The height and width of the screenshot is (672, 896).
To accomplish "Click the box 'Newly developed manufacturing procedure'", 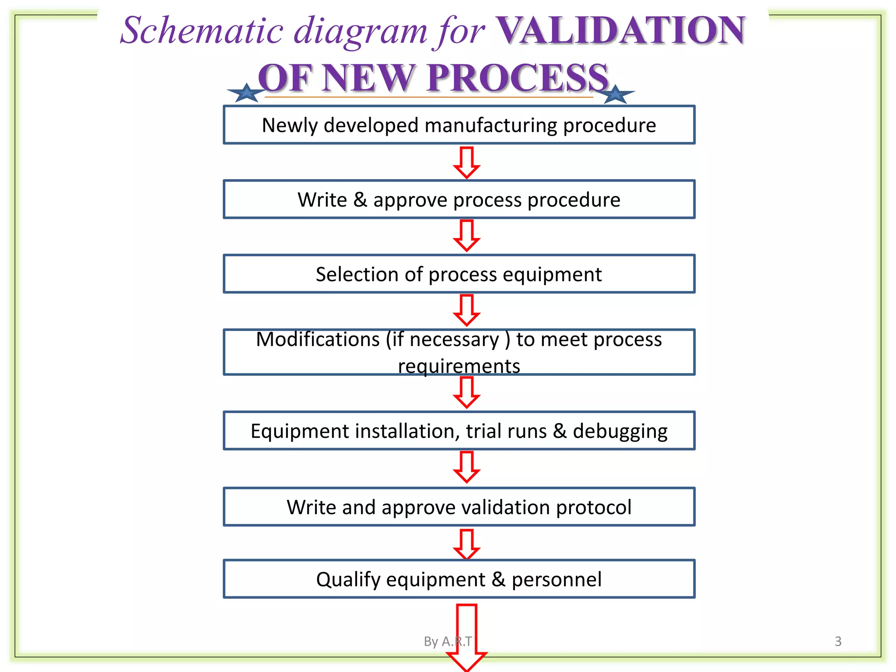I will [459, 125].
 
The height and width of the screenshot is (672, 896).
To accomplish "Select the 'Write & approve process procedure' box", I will [459, 199].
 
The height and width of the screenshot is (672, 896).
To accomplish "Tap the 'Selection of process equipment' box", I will [459, 274].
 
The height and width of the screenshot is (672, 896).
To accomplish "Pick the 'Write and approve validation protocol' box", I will [459, 507].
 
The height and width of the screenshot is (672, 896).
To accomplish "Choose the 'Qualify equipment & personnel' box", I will [459, 579].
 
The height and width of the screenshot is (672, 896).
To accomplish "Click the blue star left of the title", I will [247, 93].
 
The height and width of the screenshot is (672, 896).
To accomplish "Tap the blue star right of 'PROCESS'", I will [616, 94].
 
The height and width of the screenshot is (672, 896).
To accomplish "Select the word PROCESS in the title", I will [518, 78].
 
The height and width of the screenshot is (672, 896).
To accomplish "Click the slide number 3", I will [838, 641].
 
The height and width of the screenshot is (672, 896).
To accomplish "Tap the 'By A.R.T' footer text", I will [448, 641].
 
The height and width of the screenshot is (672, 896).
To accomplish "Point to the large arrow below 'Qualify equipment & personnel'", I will [467, 637].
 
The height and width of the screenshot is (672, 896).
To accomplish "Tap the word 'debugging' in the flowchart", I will [620, 431].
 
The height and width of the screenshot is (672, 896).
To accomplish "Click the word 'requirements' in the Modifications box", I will [459, 366].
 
